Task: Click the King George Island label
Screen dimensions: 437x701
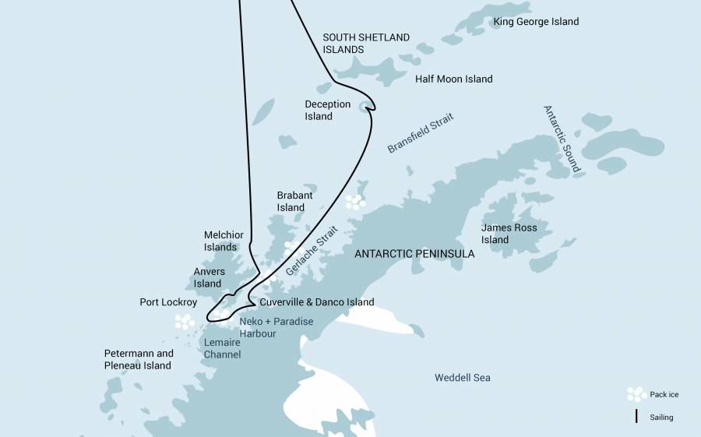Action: pos(536,22)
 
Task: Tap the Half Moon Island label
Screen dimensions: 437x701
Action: pos(453,79)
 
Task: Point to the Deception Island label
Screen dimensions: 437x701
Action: pos(327,111)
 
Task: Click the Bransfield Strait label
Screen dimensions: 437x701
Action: pos(421,133)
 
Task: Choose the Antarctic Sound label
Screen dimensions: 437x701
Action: pos(562,139)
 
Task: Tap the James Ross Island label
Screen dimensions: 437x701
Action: pos(509,234)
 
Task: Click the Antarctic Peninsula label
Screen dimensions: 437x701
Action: pos(414,254)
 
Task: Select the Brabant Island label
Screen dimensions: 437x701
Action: pos(291,202)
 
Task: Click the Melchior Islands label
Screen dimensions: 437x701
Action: pos(224,241)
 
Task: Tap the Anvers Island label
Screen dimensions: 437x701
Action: pos(209,277)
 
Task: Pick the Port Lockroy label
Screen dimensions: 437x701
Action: pos(168,302)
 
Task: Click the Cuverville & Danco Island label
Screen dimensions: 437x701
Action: pos(317,302)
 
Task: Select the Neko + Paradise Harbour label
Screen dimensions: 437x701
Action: pos(276,327)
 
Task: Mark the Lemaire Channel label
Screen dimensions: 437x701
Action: pos(221,348)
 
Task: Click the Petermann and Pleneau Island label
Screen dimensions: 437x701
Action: pos(138,359)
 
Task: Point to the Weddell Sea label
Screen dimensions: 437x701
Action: pos(463,378)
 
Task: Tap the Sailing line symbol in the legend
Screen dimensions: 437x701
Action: pos(636,417)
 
